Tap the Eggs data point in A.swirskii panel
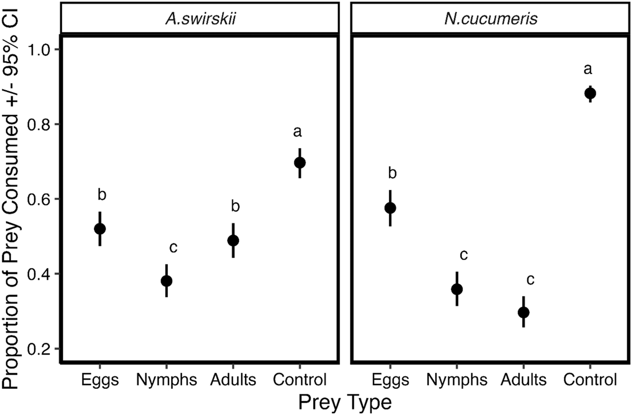100,229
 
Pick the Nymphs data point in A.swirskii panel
167,281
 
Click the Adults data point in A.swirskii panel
233,241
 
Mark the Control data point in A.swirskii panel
300,163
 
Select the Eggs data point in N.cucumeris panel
390,208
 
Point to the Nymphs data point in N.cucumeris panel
457,289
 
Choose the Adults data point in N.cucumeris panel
523,313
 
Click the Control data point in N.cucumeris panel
590,93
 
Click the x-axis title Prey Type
345,402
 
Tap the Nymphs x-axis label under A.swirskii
166,380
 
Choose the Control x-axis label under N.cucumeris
590,380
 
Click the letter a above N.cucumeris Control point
588,70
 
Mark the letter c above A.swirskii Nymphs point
174,248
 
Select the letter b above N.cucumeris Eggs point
393,173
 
